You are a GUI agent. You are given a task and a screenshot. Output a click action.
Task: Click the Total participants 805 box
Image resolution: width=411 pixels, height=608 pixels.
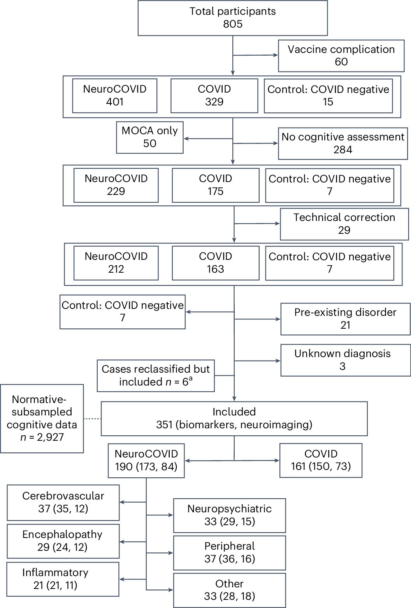click(x=232, y=18)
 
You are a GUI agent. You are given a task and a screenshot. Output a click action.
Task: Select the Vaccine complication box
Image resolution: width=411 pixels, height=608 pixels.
click(x=341, y=56)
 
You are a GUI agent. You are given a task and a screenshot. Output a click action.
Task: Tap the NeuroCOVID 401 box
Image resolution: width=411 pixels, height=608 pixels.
click(x=114, y=96)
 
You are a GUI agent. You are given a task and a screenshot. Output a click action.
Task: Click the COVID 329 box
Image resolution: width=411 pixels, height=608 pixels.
click(x=214, y=96)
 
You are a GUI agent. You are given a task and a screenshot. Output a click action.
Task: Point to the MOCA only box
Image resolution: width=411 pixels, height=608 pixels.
click(x=149, y=137)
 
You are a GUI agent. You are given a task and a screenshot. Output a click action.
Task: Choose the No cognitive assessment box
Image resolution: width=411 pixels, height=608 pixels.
click(x=342, y=144)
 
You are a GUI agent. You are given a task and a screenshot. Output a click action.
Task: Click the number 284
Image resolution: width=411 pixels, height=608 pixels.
click(x=342, y=150)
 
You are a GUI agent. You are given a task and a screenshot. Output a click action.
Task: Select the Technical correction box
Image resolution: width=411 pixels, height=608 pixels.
click(x=344, y=224)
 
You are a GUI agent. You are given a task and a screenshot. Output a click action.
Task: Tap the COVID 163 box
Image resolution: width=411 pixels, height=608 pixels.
click(x=215, y=263)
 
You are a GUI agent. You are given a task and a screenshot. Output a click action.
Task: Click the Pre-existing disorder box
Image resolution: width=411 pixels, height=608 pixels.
click(x=345, y=319)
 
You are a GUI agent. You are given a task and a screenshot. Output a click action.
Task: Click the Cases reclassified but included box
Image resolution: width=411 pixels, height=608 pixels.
click(x=155, y=375)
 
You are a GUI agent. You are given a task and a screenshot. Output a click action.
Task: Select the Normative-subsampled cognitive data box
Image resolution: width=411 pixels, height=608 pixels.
click(x=42, y=419)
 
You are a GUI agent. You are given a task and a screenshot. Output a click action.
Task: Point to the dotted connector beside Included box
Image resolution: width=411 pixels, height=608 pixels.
click(x=92, y=419)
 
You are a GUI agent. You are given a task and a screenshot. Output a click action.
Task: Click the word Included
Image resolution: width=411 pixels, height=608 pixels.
click(x=234, y=412)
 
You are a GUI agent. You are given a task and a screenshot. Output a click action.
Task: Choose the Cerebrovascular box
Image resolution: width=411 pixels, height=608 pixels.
click(x=63, y=502)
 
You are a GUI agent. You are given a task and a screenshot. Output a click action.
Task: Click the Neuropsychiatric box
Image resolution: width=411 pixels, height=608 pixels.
click(x=229, y=515)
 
